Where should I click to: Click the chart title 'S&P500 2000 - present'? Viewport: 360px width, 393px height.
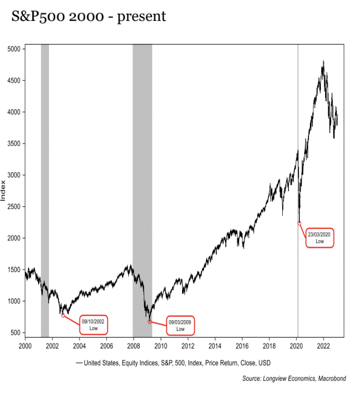(x=88, y=17)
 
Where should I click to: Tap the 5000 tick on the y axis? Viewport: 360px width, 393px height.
(x=15, y=49)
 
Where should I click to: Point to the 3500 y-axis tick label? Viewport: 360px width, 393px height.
(x=15, y=144)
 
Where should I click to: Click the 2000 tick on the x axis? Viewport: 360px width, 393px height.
(x=25, y=345)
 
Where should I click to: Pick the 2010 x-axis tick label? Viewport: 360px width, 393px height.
(x=161, y=345)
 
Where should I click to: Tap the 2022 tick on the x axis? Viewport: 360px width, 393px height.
(x=323, y=345)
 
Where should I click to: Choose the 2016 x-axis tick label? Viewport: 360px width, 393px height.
(x=242, y=345)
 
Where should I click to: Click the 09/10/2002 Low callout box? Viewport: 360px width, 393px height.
(x=93, y=325)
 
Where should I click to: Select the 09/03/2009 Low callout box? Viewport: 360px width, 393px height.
(x=181, y=325)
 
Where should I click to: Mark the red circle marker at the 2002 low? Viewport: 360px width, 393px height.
(x=63, y=315)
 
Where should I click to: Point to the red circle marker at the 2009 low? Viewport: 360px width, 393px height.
(x=150, y=321)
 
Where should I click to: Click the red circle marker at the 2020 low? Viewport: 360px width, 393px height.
(x=299, y=223)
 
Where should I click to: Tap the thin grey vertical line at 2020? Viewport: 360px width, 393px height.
(x=298, y=130)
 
